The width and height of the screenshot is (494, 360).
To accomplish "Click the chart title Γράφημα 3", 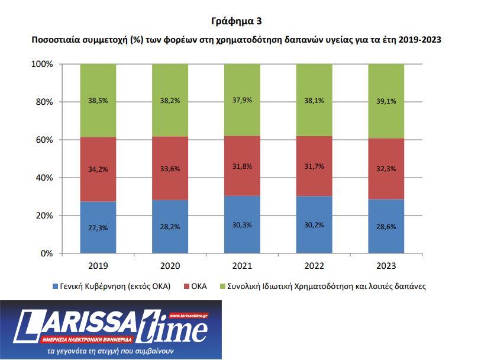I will (236, 21).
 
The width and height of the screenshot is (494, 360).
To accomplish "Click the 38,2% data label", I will (170, 101).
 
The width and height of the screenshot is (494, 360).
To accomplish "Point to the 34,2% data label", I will (98, 170).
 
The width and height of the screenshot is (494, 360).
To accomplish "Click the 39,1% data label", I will (386, 101).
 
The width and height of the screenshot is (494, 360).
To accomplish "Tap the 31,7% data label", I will (314, 166).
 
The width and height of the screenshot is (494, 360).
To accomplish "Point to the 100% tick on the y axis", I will (42, 64).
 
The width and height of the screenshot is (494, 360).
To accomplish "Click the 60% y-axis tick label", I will (44, 140).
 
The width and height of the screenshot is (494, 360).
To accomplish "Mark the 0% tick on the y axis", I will (47, 253).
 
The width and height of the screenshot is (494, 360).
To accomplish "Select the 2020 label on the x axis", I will (170, 265).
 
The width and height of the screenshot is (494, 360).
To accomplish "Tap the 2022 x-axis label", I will (314, 265).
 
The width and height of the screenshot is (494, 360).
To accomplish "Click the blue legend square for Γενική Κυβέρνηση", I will (54, 287).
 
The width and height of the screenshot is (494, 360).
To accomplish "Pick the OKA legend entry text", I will (199, 287).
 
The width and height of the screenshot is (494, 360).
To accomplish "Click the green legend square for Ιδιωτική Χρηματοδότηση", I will (222, 287).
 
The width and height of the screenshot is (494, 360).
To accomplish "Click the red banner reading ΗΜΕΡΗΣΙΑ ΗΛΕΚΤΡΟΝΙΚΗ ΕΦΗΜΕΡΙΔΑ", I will (87, 339).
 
